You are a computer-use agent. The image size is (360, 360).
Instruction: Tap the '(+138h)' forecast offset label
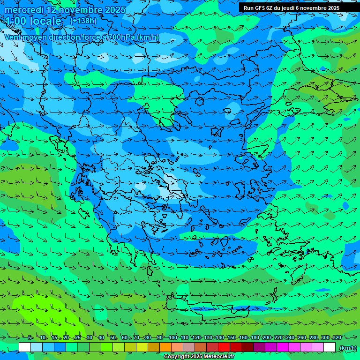83,21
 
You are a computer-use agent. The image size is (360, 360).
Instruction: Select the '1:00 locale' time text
33,21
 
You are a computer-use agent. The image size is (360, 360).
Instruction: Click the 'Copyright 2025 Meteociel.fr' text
199,357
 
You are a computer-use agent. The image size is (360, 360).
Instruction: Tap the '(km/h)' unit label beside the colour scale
348,347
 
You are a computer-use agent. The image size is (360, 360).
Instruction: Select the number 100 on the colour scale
173,337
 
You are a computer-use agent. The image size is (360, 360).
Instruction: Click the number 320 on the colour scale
337,337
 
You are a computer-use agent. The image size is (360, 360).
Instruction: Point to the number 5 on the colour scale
30,337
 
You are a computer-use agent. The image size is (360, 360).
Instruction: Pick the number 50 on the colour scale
113,337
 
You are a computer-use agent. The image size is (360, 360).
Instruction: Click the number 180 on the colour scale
255,337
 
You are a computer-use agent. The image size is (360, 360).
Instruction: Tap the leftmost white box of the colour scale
25,347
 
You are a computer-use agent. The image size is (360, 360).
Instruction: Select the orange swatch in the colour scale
165,347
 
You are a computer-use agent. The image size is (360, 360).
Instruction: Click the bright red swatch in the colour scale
224,347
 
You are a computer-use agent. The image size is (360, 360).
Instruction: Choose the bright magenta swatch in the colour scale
283,347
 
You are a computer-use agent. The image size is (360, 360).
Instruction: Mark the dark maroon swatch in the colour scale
247,347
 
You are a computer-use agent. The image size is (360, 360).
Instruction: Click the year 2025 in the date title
114,10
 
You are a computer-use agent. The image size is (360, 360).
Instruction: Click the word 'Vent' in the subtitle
13,37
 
